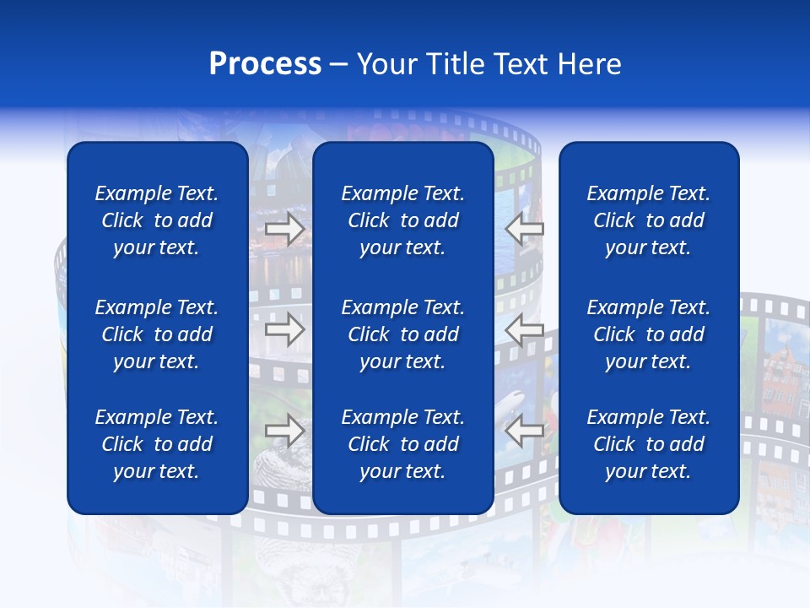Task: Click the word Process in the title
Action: [x=265, y=64]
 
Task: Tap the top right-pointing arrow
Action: [x=285, y=229]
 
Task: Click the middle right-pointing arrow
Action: [x=285, y=330]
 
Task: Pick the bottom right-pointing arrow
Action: [x=285, y=431]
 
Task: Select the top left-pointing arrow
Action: [x=525, y=229]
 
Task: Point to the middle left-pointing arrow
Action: [x=525, y=330]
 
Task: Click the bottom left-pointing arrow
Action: [x=525, y=431]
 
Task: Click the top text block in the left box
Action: [x=157, y=220]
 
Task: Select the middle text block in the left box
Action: [x=157, y=334]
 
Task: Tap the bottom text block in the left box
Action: [x=157, y=444]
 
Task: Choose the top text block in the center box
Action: [x=402, y=220]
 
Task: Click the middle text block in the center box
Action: [x=402, y=334]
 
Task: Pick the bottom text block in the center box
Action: [x=402, y=444]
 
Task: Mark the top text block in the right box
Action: [x=648, y=220]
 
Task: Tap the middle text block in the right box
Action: [x=648, y=334]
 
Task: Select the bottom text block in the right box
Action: [x=648, y=444]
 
